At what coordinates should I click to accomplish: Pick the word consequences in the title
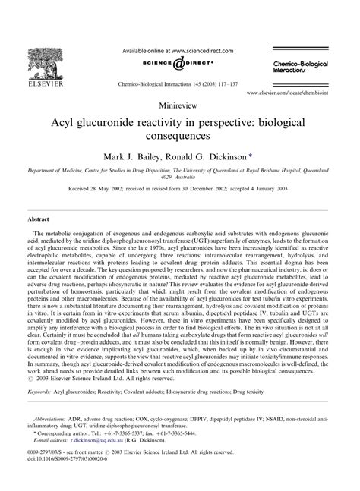click(180, 137)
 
